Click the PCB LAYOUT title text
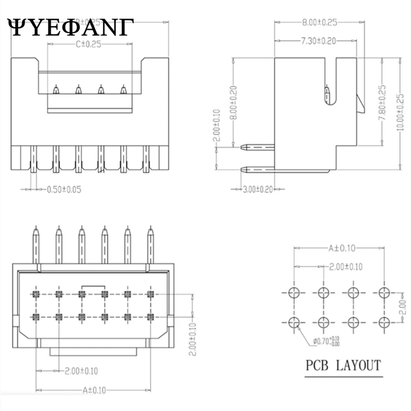[x=343, y=366]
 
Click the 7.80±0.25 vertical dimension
[x=381, y=109]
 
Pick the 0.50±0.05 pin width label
[x=64, y=190]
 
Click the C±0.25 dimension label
[x=89, y=44]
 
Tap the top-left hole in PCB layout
[x=294, y=293]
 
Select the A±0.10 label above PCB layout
[x=339, y=248]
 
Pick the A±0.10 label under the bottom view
[x=94, y=390]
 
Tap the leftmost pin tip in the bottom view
[x=36, y=230]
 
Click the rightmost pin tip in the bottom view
[x=151, y=230]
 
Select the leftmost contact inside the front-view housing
[x=55, y=90]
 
